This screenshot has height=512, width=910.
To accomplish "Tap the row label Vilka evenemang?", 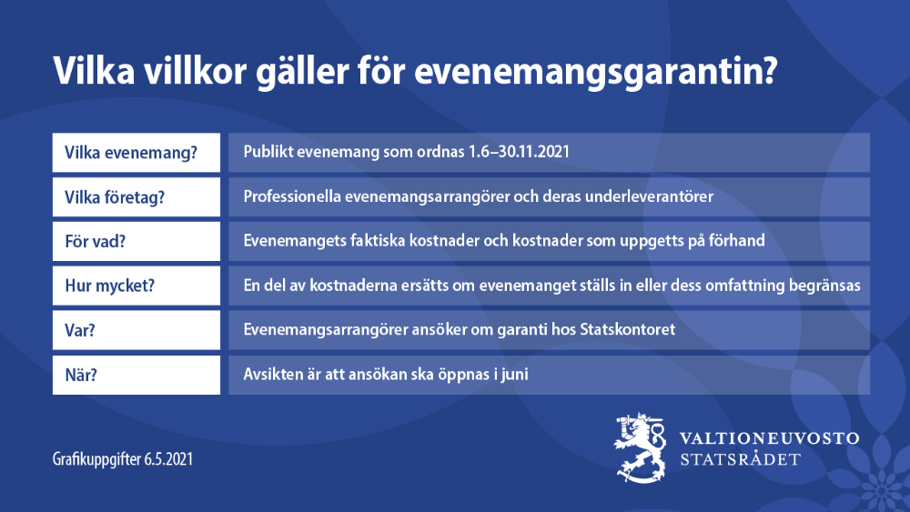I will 131,152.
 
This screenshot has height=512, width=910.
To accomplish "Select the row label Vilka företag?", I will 115,196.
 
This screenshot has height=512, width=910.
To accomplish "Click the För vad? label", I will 96,241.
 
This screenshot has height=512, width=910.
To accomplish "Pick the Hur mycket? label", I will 109,286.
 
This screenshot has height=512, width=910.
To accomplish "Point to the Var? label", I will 81,330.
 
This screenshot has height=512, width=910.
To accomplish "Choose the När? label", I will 83,375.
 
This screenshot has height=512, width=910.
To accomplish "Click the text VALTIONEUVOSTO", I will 770,438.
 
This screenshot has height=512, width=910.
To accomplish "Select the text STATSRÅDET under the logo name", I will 741,459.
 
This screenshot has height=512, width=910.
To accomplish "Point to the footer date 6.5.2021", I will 168,460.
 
